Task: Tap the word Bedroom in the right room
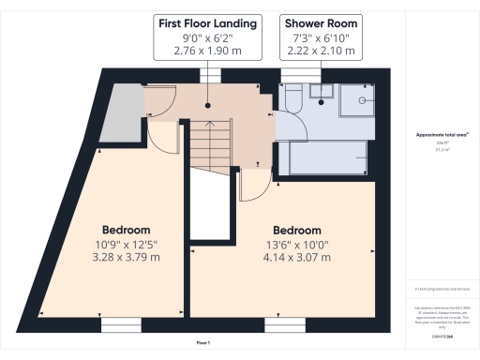coord(296,231)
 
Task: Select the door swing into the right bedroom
coord(254,186)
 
